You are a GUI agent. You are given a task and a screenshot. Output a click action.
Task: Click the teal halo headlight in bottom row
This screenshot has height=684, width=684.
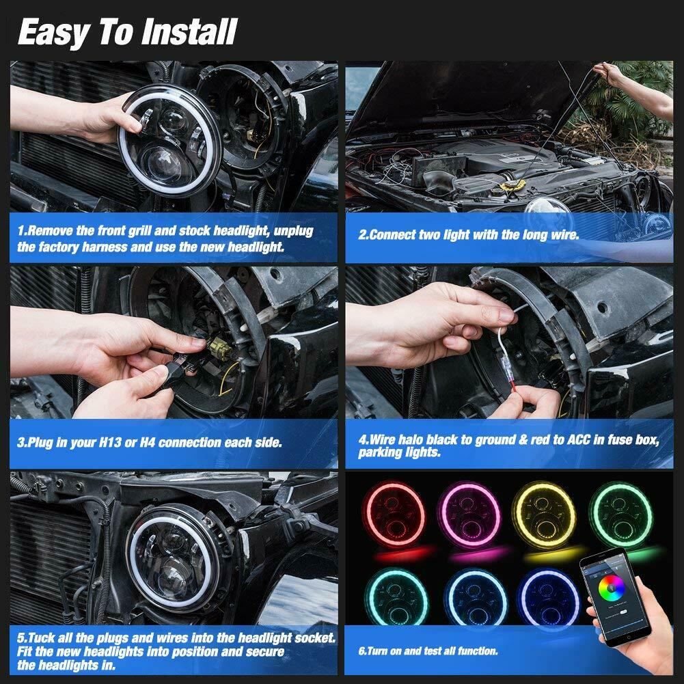coord(394,591)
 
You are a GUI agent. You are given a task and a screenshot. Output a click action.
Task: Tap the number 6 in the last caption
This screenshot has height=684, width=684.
coord(362,651)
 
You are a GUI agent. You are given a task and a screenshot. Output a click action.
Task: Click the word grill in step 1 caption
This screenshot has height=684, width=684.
coord(139,231)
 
